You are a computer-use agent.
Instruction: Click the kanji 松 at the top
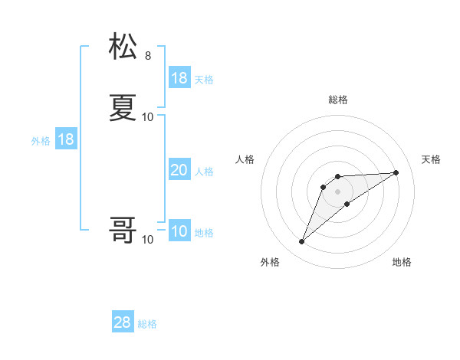tap(123, 47)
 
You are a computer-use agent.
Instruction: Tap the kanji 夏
tap(123, 108)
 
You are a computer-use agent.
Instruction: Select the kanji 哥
tap(123, 231)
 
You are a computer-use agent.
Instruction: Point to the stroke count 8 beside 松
tap(148, 56)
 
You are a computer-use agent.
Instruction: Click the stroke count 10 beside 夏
tap(148, 117)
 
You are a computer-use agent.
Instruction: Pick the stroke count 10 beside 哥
tap(148, 240)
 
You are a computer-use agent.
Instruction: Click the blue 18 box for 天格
tap(179, 78)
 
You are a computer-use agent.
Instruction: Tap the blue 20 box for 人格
tap(179, 171)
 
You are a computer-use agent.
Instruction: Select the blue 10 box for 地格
tap(179, 232)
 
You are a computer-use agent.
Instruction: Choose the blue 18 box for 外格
tap(66, 139)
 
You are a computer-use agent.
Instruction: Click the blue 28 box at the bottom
tap(123, 322)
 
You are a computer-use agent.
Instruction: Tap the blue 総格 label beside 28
tap(148, 324)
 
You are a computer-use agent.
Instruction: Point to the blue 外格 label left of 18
tap(41, 141)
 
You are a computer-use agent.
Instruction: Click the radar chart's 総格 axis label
tap(338, 100)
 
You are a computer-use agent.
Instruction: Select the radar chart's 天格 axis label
tap(431, 159)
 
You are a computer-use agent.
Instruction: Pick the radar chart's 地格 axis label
tap(402, 262)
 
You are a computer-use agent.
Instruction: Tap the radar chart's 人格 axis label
tap(245, 159)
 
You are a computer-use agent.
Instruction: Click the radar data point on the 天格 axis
tap(396, 172)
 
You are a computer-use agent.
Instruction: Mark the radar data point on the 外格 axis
tap(302, 242)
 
